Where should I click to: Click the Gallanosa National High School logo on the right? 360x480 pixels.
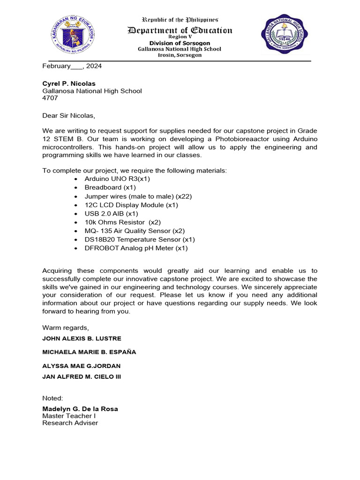[x=284, y=34]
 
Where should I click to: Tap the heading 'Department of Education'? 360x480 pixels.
[x=180, y=30]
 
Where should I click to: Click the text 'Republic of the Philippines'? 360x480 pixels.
[x=180, y=20]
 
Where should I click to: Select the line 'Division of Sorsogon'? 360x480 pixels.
[x=180, y=43]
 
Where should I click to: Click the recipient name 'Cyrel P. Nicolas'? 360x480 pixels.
[x=69, y=83]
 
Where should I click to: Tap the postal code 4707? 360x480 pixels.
[x=50, y=98]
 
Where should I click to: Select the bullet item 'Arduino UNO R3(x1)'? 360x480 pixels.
[x=117, y=179]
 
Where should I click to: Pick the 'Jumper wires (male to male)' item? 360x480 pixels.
[x=138, y=196]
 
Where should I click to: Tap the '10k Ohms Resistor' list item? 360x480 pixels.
[x=122, y=222]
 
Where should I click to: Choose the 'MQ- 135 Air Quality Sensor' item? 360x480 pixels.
[x=135, y=231]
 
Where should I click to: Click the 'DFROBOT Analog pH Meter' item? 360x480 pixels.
[x=136, y=248]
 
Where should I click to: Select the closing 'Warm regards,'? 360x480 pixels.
[x=65, y=327]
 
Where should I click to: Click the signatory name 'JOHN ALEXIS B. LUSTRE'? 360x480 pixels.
[x=82, y=338]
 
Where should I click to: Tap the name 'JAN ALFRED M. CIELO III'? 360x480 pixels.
[x=82, y=376]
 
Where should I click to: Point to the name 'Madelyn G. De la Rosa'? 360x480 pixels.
[x=80, y=409]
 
